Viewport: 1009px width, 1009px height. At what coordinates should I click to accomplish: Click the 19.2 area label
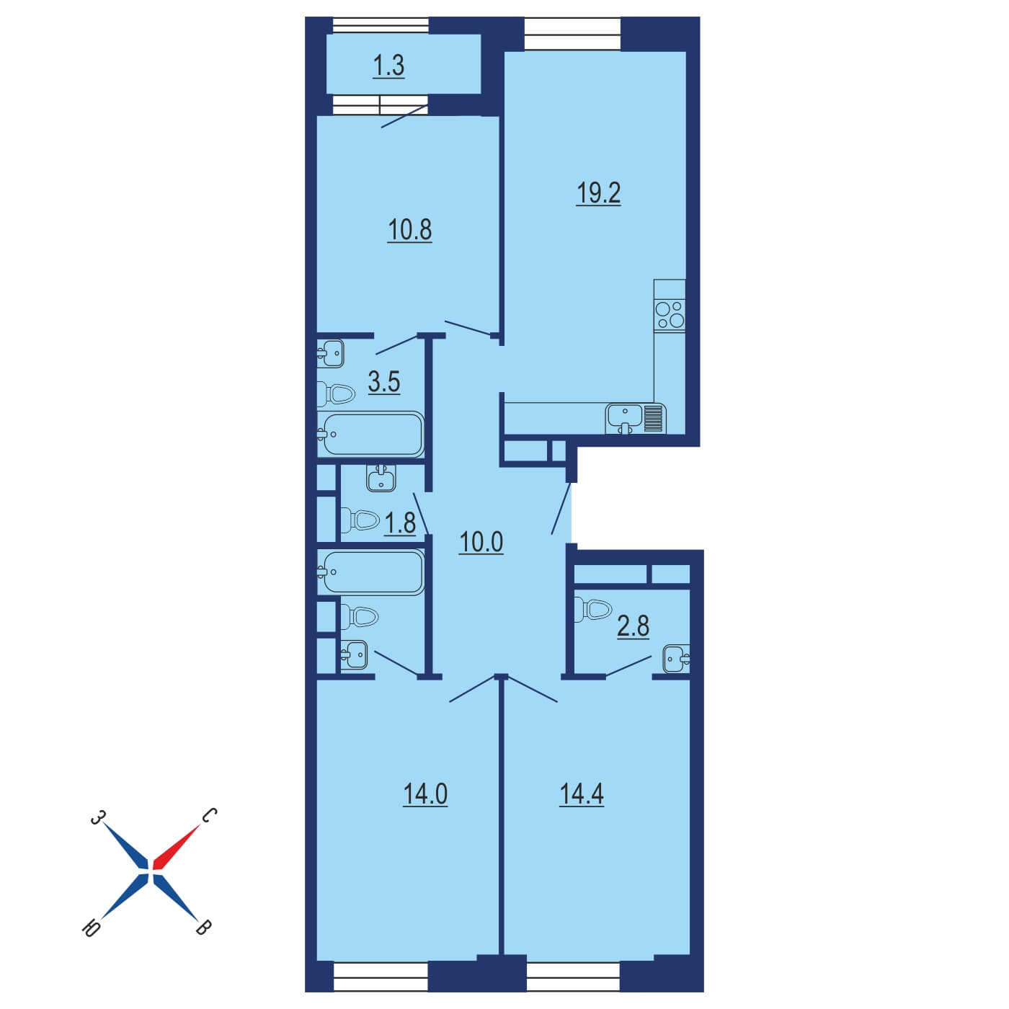coord(598,193)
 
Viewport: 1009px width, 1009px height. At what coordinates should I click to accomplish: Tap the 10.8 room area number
coord(409,230)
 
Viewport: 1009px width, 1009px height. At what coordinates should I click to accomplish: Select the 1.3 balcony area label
coord(388,66)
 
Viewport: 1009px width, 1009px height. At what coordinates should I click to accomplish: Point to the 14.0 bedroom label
coord(425,794)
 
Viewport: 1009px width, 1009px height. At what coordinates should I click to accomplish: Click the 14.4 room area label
coord(581,794)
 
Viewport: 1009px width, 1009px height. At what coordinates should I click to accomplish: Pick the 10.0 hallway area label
coord(481,542)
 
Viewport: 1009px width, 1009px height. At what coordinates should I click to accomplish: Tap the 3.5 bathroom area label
coord(384,382)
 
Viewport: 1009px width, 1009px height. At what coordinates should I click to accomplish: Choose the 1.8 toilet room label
coord(400,523)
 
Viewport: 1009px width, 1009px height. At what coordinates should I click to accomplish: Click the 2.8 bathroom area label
coord(633,626)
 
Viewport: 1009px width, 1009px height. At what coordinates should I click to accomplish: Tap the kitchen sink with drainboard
coord(636,418)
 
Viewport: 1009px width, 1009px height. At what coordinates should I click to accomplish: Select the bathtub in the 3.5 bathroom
coord(370,434)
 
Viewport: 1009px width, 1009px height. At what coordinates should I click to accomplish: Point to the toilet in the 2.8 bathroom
coord(592,609)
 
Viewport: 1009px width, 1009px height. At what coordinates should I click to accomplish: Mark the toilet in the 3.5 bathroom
coord(336,394)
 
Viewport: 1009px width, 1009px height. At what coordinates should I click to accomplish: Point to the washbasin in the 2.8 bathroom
coord(676,659)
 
